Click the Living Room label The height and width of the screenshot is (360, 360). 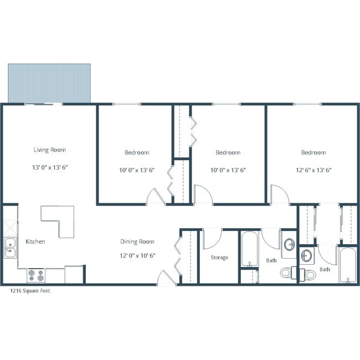coord(49,150)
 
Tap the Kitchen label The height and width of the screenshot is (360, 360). coord(35,241)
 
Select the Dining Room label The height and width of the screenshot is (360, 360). coord(137,241)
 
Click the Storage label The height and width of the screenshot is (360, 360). coord(219,258)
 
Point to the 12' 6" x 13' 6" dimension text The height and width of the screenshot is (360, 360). coord(313,169)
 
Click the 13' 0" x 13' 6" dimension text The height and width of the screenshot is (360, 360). coord(49,167)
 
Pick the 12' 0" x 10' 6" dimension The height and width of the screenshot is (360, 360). coord(137,255)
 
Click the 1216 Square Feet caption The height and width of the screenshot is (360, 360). coord(30,290)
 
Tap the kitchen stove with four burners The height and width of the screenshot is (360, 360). coord(36,275)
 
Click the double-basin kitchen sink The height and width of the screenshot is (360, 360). coord(10,248)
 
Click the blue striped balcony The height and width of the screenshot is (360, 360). coord(49,83)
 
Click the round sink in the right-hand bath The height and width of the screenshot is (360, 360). coord(307,256)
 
